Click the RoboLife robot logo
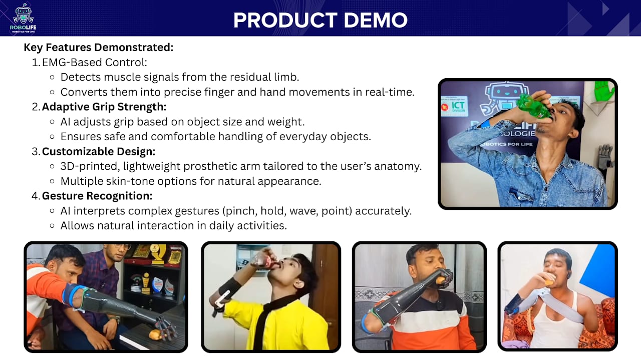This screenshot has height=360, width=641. (23, 18)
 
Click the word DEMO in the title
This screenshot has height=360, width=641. (376, 20)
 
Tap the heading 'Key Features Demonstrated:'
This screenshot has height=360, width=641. (99, 48)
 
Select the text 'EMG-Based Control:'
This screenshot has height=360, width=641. (95, 63)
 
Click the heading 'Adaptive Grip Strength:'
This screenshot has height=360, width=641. (104, 107)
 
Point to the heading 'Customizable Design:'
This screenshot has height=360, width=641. (99, 151)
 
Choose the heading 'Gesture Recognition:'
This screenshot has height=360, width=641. (97, 196)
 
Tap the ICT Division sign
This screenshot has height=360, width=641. (455, 106)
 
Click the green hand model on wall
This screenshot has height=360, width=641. (604, 91)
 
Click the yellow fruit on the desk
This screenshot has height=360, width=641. (155, 334)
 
